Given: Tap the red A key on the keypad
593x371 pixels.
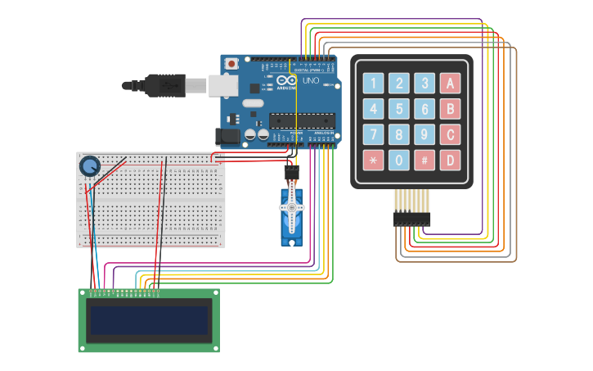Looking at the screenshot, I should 450,83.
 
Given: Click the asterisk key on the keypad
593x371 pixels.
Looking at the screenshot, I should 373,160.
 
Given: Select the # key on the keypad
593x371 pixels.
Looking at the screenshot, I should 424,160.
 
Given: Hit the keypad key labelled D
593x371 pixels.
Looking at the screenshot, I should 450,160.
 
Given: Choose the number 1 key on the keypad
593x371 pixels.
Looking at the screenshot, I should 373,83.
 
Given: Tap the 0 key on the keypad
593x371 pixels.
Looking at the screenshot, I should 398,160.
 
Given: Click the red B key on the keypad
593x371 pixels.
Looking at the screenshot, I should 450,109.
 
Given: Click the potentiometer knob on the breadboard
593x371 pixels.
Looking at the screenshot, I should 88,167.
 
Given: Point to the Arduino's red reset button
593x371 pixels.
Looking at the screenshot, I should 232,63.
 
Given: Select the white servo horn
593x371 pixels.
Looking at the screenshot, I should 292,210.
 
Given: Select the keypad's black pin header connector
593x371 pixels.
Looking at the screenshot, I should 411,219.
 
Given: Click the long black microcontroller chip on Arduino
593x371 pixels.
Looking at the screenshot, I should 302,120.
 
